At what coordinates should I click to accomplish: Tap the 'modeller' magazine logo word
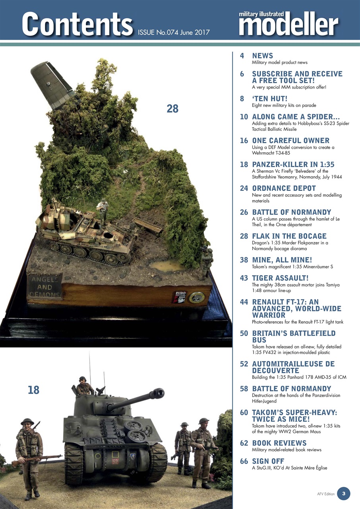point(288,25)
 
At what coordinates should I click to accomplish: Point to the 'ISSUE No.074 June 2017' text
point(174,32)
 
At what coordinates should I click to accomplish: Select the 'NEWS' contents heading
point(262,56)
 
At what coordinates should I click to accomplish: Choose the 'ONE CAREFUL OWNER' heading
point(290,140)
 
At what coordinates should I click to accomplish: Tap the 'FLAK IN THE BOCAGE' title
point(289,236)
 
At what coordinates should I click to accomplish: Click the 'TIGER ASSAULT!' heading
point(280,278)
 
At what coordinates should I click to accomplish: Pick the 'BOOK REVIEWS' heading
point(279,443)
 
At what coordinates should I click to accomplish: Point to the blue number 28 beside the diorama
point(172,109)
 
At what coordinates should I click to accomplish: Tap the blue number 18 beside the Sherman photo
point(34,390)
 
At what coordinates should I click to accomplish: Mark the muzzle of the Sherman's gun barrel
point(159,393)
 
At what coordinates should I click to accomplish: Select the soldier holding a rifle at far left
point(29,453)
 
